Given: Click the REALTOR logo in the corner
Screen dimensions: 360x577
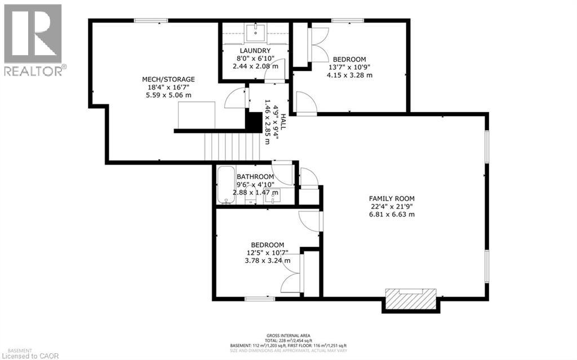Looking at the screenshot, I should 33,39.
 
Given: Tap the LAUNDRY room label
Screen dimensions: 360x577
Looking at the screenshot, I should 255,51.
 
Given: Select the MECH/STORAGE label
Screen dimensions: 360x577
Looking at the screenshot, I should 168,79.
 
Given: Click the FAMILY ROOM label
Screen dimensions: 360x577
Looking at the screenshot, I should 392,198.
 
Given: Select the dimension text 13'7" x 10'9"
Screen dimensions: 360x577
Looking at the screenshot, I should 349,67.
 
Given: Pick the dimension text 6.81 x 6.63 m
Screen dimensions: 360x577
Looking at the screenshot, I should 392,214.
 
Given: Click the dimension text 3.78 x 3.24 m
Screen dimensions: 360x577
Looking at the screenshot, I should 267,260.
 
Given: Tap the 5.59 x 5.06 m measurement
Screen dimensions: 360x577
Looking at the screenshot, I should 168,95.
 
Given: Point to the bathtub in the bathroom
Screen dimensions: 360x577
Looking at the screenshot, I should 225,185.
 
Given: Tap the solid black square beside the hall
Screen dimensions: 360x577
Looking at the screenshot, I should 255,122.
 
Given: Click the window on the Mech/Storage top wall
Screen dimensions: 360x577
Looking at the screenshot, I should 150,21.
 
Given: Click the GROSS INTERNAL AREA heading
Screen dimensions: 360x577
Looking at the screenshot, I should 288,336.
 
